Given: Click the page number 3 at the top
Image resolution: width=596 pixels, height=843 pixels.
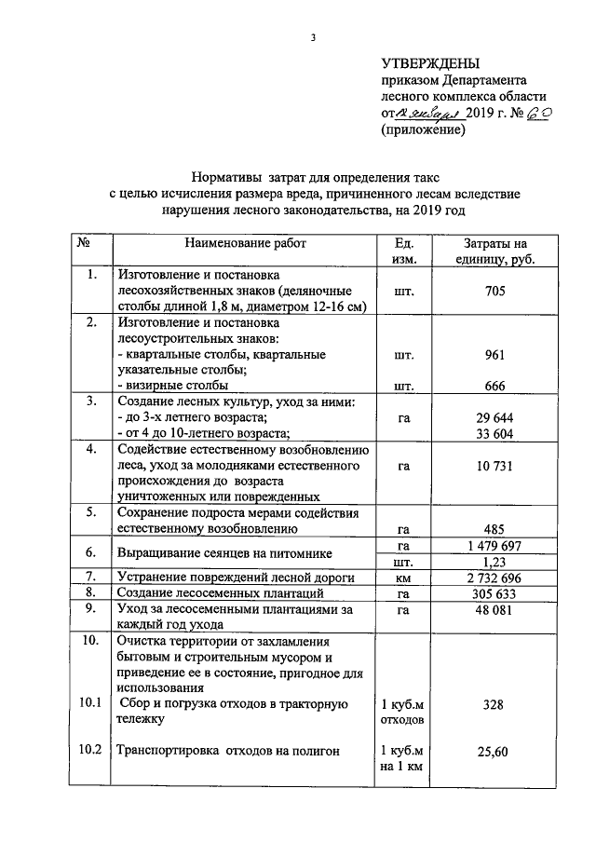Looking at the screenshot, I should point(313,38).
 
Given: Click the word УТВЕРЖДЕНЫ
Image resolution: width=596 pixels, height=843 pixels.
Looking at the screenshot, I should point(430,63).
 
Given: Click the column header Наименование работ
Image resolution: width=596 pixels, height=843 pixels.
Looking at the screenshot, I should point(245,243).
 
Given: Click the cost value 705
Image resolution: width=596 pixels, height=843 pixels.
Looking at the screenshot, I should point(494,292).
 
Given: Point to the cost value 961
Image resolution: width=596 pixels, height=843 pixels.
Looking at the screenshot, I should point(494,355).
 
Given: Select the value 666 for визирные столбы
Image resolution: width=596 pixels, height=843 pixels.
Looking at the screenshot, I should point(494,386).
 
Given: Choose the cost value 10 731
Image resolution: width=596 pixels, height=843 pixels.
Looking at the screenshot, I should point(494,466).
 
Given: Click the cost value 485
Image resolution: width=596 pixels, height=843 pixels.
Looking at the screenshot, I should point(494,528).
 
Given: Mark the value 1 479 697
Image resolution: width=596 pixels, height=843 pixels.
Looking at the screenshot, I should point(494,545).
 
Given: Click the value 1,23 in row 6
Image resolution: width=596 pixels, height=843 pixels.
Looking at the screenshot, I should point(494,562).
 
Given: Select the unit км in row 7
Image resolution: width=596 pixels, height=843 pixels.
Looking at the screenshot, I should point(403,578).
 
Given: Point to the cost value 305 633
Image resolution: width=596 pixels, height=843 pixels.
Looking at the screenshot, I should point(494,593).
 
